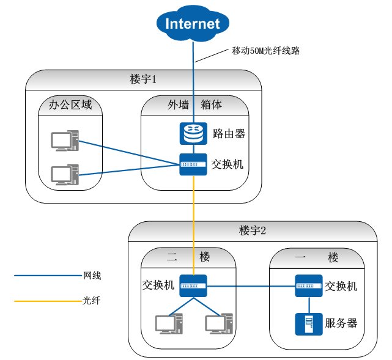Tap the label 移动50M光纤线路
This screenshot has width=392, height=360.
(x=267, y=50)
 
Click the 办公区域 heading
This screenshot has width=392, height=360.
(x=70, y=105)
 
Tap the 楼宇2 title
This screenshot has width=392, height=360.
(x=252, y=231)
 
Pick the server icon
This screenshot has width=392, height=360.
(x=309, y=323)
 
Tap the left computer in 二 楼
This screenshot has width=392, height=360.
(x=168, y=324)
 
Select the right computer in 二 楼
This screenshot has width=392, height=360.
(x=219, y=324)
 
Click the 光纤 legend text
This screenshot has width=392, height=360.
(x=91, y=301)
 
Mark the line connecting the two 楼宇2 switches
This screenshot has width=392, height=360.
(x=251, y=285)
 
